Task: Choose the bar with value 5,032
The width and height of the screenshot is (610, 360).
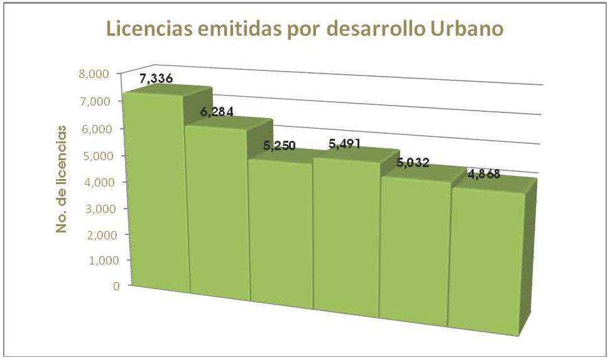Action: click(415, 251)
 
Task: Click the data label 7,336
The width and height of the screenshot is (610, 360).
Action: click(156, 79)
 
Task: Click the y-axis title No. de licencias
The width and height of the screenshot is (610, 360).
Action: click(62, 179)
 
